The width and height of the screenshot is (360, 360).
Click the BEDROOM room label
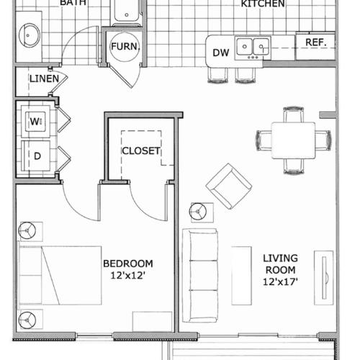127,263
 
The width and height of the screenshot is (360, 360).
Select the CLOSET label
140,150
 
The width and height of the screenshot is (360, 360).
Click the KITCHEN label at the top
262,4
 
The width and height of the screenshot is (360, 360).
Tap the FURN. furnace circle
124,48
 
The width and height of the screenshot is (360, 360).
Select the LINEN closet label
43,78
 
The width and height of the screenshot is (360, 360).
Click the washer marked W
35,122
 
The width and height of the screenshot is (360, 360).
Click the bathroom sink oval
30,34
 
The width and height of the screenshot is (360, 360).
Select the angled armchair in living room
228,186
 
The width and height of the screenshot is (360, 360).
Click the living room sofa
199,275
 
